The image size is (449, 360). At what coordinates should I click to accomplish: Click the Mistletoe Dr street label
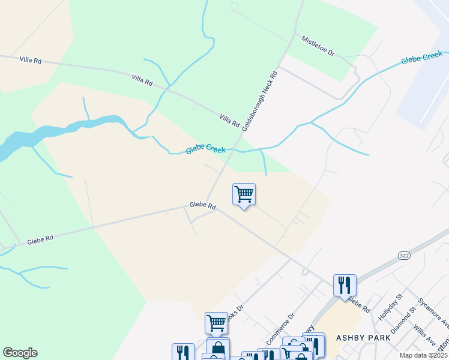[x=318, y=45]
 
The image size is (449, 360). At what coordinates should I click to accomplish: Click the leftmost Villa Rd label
[x=30, y=60]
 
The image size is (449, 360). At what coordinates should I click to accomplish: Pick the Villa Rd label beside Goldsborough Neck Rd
[x=230, y=119]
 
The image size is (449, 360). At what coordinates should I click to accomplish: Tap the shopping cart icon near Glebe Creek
[x=244, y=194]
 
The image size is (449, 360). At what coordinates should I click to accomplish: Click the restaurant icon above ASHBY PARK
[x=345, y=285]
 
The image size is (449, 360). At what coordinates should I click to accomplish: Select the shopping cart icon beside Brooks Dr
[x=216, y=323]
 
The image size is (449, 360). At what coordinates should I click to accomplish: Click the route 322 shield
[x=404, y=255]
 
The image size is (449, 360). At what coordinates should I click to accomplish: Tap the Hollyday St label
[x=389, y=305]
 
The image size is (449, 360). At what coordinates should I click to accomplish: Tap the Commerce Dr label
[x=280, y=328]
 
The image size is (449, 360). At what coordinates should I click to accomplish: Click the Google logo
[x=20, y=353]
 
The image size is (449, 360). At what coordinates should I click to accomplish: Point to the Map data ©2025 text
[x=423, y=355]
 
